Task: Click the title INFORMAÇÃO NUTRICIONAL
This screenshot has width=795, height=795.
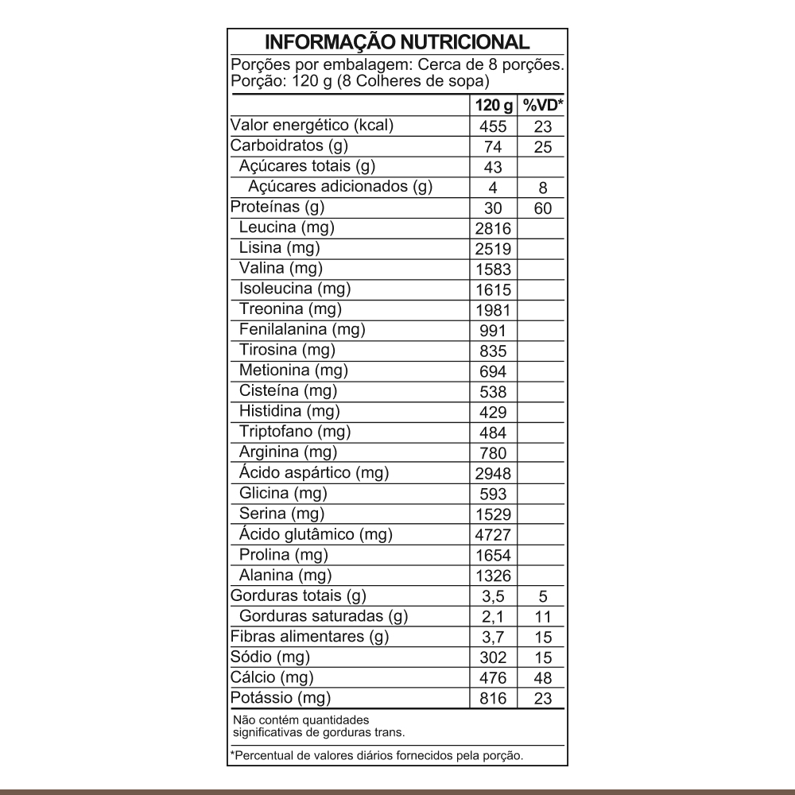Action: [397, 42]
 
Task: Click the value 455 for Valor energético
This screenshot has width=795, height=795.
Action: [493, 127]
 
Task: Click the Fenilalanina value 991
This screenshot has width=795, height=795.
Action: [493, 331]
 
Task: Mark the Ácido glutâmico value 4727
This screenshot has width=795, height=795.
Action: [493, 535]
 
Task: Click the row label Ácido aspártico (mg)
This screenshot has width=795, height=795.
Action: [313, 473]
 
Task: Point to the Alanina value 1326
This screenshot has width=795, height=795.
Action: [493, 576]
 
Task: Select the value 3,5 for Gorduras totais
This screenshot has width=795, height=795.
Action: [493, 597]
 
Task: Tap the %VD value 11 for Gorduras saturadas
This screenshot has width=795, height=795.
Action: [542, 618]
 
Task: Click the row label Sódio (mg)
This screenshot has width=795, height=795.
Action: [270, 657]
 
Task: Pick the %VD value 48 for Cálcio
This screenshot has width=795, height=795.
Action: [542, 679]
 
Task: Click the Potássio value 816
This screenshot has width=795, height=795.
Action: [493, 700]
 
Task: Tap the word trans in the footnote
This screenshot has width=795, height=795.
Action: [392, 731]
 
